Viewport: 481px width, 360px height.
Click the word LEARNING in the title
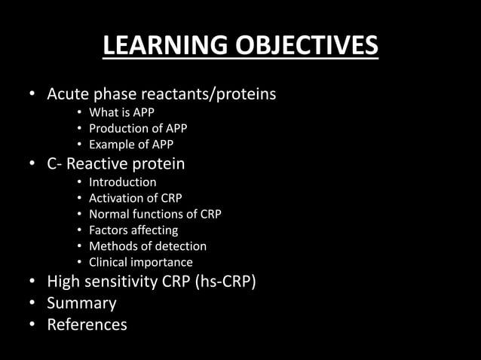click(x=156, y=46)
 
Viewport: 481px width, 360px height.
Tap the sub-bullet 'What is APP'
click(x=121, y=113)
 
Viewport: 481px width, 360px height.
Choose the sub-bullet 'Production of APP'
click(x=138, y=129)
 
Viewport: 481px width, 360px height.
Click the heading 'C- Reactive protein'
click(x=116, y=163)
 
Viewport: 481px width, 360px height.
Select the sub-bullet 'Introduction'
click(x=123, y=182)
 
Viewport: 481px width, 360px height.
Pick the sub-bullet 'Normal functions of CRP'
click(x=155, y=214)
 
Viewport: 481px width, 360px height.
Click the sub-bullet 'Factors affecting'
click(x=133, y=230)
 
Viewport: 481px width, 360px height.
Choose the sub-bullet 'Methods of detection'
click(x=148, y=246)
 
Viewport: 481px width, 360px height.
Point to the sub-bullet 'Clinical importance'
click(x=141, y=262)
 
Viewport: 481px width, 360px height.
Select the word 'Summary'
click(x=81, y=304)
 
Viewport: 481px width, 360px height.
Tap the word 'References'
click(x=87, y=325)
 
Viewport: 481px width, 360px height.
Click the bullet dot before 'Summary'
click(x=32, y=304)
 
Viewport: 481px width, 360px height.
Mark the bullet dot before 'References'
click(x=32, y=325)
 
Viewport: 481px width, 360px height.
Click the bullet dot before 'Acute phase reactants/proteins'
click(x=32, y=96)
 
